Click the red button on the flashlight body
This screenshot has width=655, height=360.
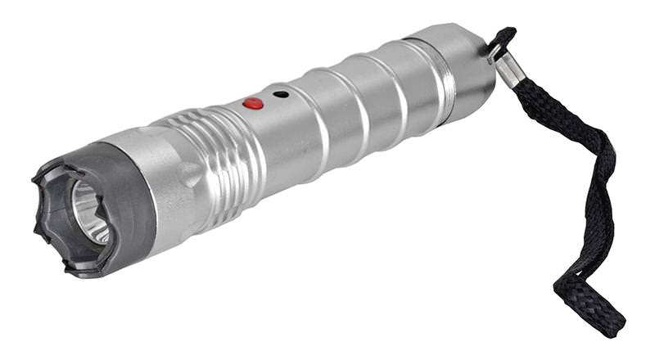tap(253, 104)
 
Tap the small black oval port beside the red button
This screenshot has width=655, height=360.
tap(281, 95)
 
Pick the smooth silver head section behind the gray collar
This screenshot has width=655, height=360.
tap(168, 184)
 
